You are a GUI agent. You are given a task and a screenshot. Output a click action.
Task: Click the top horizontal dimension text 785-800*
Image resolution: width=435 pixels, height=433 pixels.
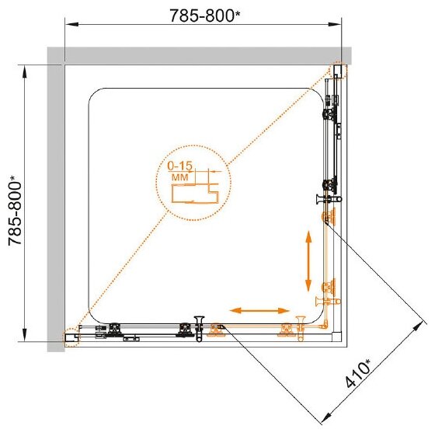click(x=205, y=16)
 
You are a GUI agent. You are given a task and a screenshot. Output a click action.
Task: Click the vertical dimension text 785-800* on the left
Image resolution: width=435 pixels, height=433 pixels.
click(x=15, y=211)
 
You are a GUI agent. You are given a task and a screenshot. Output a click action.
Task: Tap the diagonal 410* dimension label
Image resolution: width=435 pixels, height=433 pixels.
click(x=358, y=373)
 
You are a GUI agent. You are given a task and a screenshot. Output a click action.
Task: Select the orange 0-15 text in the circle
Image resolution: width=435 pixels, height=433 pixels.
click(x=179, y=166)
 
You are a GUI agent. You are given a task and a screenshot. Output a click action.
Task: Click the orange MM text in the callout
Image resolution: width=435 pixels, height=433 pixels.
click(x=180, y=177)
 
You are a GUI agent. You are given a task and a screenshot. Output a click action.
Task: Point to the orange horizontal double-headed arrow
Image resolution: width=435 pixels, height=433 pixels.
click(x=260, y=311)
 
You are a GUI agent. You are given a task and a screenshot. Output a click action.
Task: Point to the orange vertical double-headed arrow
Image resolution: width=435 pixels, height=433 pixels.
click(x=308, y=261)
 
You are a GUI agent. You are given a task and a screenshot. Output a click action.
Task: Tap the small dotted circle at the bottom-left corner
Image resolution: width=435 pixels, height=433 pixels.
click(x=71, y=337)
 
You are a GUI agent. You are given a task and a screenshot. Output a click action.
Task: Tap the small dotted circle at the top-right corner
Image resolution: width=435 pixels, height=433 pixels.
click(x=339, y=69)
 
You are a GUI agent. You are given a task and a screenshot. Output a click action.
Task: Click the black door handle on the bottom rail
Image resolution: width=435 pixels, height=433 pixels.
click(x=199, y=329)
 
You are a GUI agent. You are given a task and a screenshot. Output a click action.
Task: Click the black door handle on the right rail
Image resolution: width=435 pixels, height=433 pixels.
click(x=329, y=199)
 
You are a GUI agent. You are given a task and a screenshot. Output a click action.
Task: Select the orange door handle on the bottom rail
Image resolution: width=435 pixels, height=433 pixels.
click(x=301, y=329)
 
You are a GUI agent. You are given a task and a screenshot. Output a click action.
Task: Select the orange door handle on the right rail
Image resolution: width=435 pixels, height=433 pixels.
click(x=328, y=301)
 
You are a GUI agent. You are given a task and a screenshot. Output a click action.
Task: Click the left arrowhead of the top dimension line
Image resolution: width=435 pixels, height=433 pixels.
click(x=71, y=24)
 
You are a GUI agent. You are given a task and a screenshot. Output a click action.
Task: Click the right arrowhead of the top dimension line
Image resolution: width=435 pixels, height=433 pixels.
click(x=335, y=24)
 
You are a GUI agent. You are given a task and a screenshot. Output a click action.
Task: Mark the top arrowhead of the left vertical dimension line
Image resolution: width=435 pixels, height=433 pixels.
click(x=25, y=72)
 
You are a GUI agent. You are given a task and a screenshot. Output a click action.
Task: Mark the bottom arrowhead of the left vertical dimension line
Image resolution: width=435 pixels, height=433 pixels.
click(x=25, y=335)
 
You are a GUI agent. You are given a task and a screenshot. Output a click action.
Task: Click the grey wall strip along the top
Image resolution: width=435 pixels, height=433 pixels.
click(x=199, y=56)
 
